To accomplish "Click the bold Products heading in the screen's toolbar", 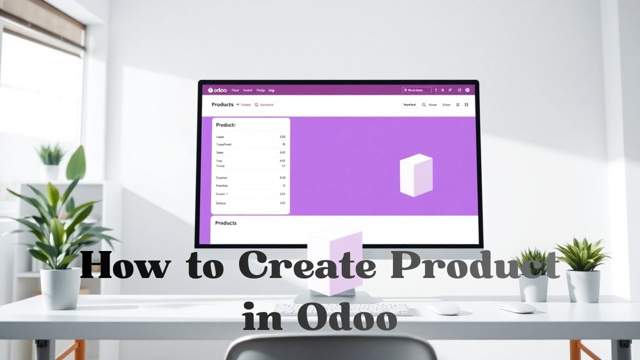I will click(x=222, y=104).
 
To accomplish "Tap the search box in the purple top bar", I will click(x=416, y=90).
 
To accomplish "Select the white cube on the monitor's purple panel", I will click(x=416, y=174).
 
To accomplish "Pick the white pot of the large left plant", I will click(x=60, y=288).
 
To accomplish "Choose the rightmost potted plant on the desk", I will click(x=583, y=270).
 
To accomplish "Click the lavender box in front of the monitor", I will click(x=334, y=262).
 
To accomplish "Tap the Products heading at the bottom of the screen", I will click(x=225, y=223).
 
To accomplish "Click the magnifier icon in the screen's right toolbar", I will click(x=423, y=105).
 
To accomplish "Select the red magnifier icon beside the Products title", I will click(x=256, y=105).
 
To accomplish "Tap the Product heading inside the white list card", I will click(x=225, y=125).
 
